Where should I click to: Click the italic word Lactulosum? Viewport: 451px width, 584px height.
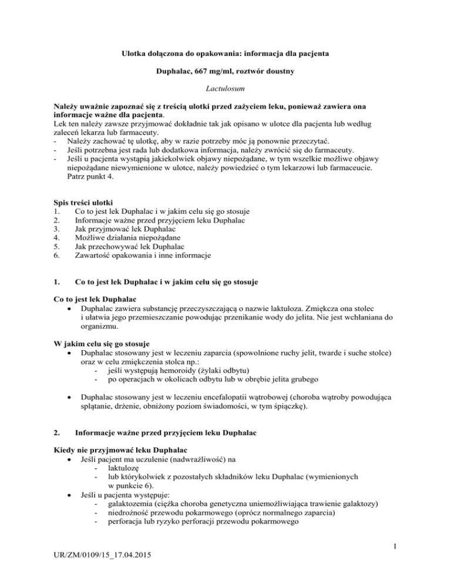(x=225, y=90)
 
